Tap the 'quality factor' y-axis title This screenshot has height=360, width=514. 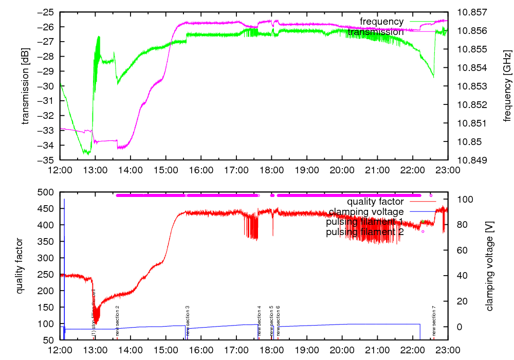[20, 265]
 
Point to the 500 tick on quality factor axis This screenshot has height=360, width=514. [47, 192]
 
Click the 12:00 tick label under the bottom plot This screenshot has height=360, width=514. [61, 349]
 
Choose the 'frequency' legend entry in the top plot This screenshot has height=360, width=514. [381, 22]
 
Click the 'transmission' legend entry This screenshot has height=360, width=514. [376, 32]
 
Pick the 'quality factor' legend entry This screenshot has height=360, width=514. [375, 201]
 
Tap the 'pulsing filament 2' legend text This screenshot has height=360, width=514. [365, 232]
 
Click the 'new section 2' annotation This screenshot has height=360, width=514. [117, 320]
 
